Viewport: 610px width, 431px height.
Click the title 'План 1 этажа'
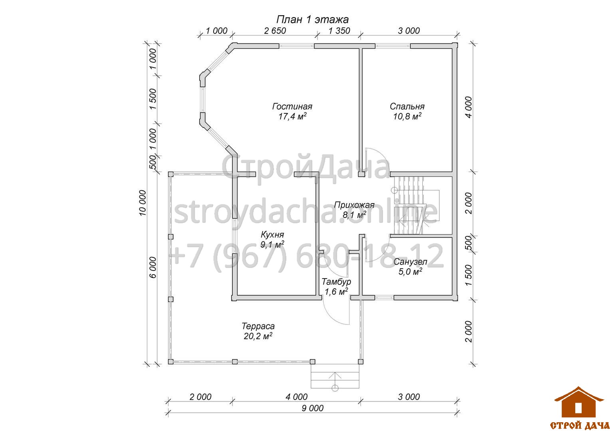(x=312, y=20)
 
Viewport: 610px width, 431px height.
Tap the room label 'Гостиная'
(x=292, y=106)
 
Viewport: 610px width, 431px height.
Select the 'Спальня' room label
(x=407, y=106)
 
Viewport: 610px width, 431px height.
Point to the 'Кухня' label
(x=272, y=234)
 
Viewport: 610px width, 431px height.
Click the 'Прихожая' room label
(x=354, y=205)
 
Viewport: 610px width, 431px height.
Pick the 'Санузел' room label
(x=410, y=262)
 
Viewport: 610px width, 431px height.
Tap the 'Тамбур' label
(x=336, y=281)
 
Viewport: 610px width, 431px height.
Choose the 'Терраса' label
(x=258, y=326)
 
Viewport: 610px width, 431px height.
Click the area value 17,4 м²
(x=292, y=117)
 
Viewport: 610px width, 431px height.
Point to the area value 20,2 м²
(x=258, y=336)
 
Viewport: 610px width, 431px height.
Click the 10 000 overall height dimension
(x=143, y=203)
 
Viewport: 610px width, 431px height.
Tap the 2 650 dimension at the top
(x=275, y=31)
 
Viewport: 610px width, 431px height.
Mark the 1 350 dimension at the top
(x=339, y=31)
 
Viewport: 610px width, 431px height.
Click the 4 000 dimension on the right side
(x=468, y=107)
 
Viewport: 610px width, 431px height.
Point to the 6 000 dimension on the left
(x=153, y=267)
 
